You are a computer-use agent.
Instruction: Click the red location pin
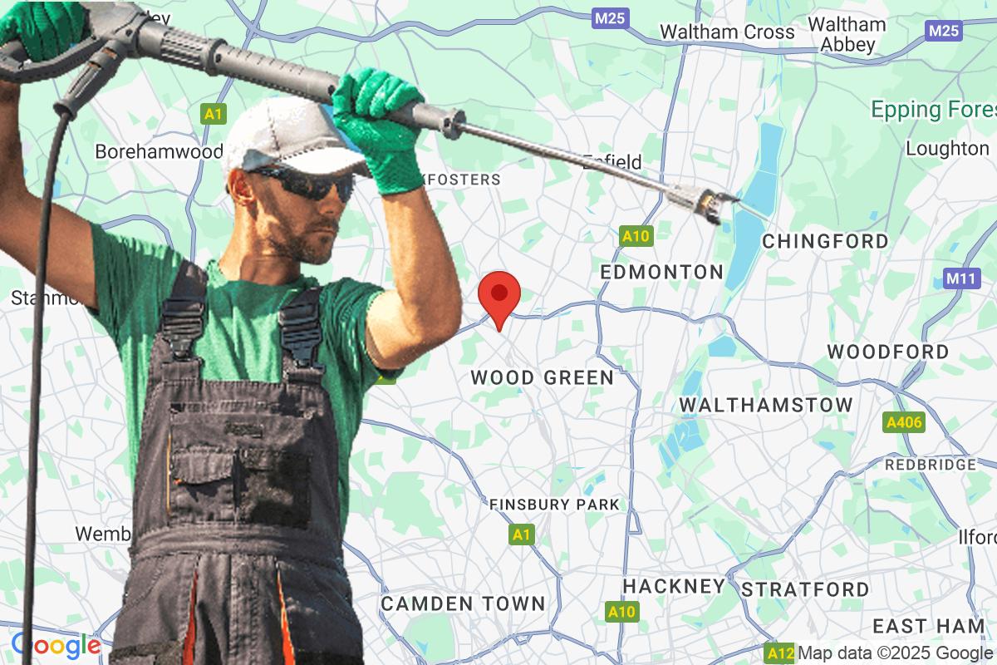click(x=499, y=296)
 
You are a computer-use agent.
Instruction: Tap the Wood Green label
click(x=542, y=378)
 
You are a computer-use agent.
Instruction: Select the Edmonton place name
click(x=661, y=273)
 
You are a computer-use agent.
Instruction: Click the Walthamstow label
click(x=766, y=405)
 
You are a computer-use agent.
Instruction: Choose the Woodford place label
click(x=887, y=352)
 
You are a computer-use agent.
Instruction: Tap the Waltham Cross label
click(x=727, y=32)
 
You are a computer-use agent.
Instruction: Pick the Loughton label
click(x=947, y=149)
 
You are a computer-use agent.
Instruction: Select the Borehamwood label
click(x=159, y=151)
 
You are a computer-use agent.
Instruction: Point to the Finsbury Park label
click(x=554, y=505)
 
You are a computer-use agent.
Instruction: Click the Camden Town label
click(x=463, y=603)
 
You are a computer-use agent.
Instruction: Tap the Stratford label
click(x=805, y=590)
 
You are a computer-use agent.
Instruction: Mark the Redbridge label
click(x=930, y=465)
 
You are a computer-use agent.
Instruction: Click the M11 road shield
click(x=962, y=279)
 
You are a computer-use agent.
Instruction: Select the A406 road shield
click(x=904, y=423)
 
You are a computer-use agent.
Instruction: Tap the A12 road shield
click(x=780, y=653)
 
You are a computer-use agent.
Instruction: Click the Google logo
click(x=56, y=645)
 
